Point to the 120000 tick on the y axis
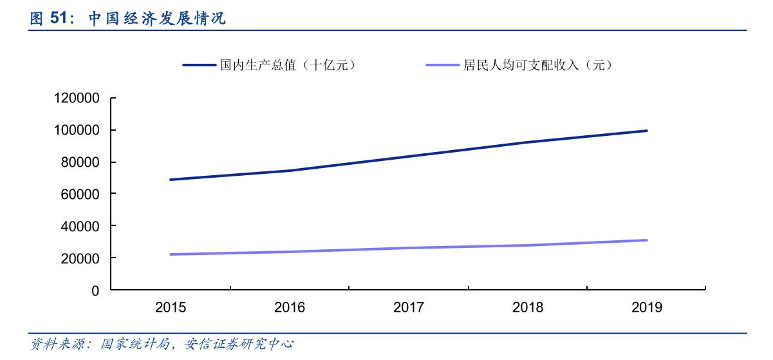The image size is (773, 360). [77, 99]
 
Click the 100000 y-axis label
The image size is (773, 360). [77, 131]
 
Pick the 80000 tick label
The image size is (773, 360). [80, 162]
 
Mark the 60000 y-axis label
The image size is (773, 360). [80, 194]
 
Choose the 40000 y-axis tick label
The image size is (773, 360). [80, 227]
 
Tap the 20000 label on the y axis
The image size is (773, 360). [80, 258]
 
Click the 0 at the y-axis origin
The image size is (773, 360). [95, 290]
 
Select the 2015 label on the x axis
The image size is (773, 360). [171, 308]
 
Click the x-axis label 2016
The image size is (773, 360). [290, 308]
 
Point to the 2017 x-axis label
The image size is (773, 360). [409, 308]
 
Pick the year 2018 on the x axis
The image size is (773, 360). [528, 308]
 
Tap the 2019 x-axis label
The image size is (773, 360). [647, 308]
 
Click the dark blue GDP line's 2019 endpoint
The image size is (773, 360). [647, 131]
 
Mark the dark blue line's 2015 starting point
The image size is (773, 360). [171, 180]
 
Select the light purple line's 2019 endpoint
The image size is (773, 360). [647, 240]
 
